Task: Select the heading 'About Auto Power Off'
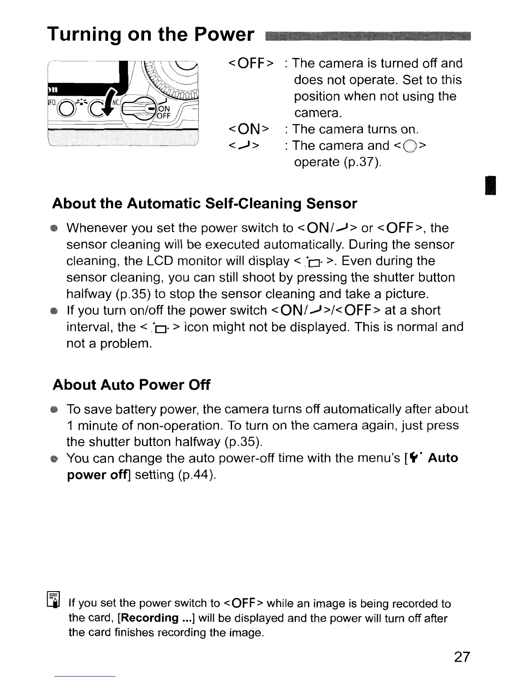coord(131,385)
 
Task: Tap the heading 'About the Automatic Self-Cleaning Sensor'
coord(204,203)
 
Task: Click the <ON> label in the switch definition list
coord(249,130)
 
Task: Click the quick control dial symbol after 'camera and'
coord(410,146)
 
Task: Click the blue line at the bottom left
coord(84,676)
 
